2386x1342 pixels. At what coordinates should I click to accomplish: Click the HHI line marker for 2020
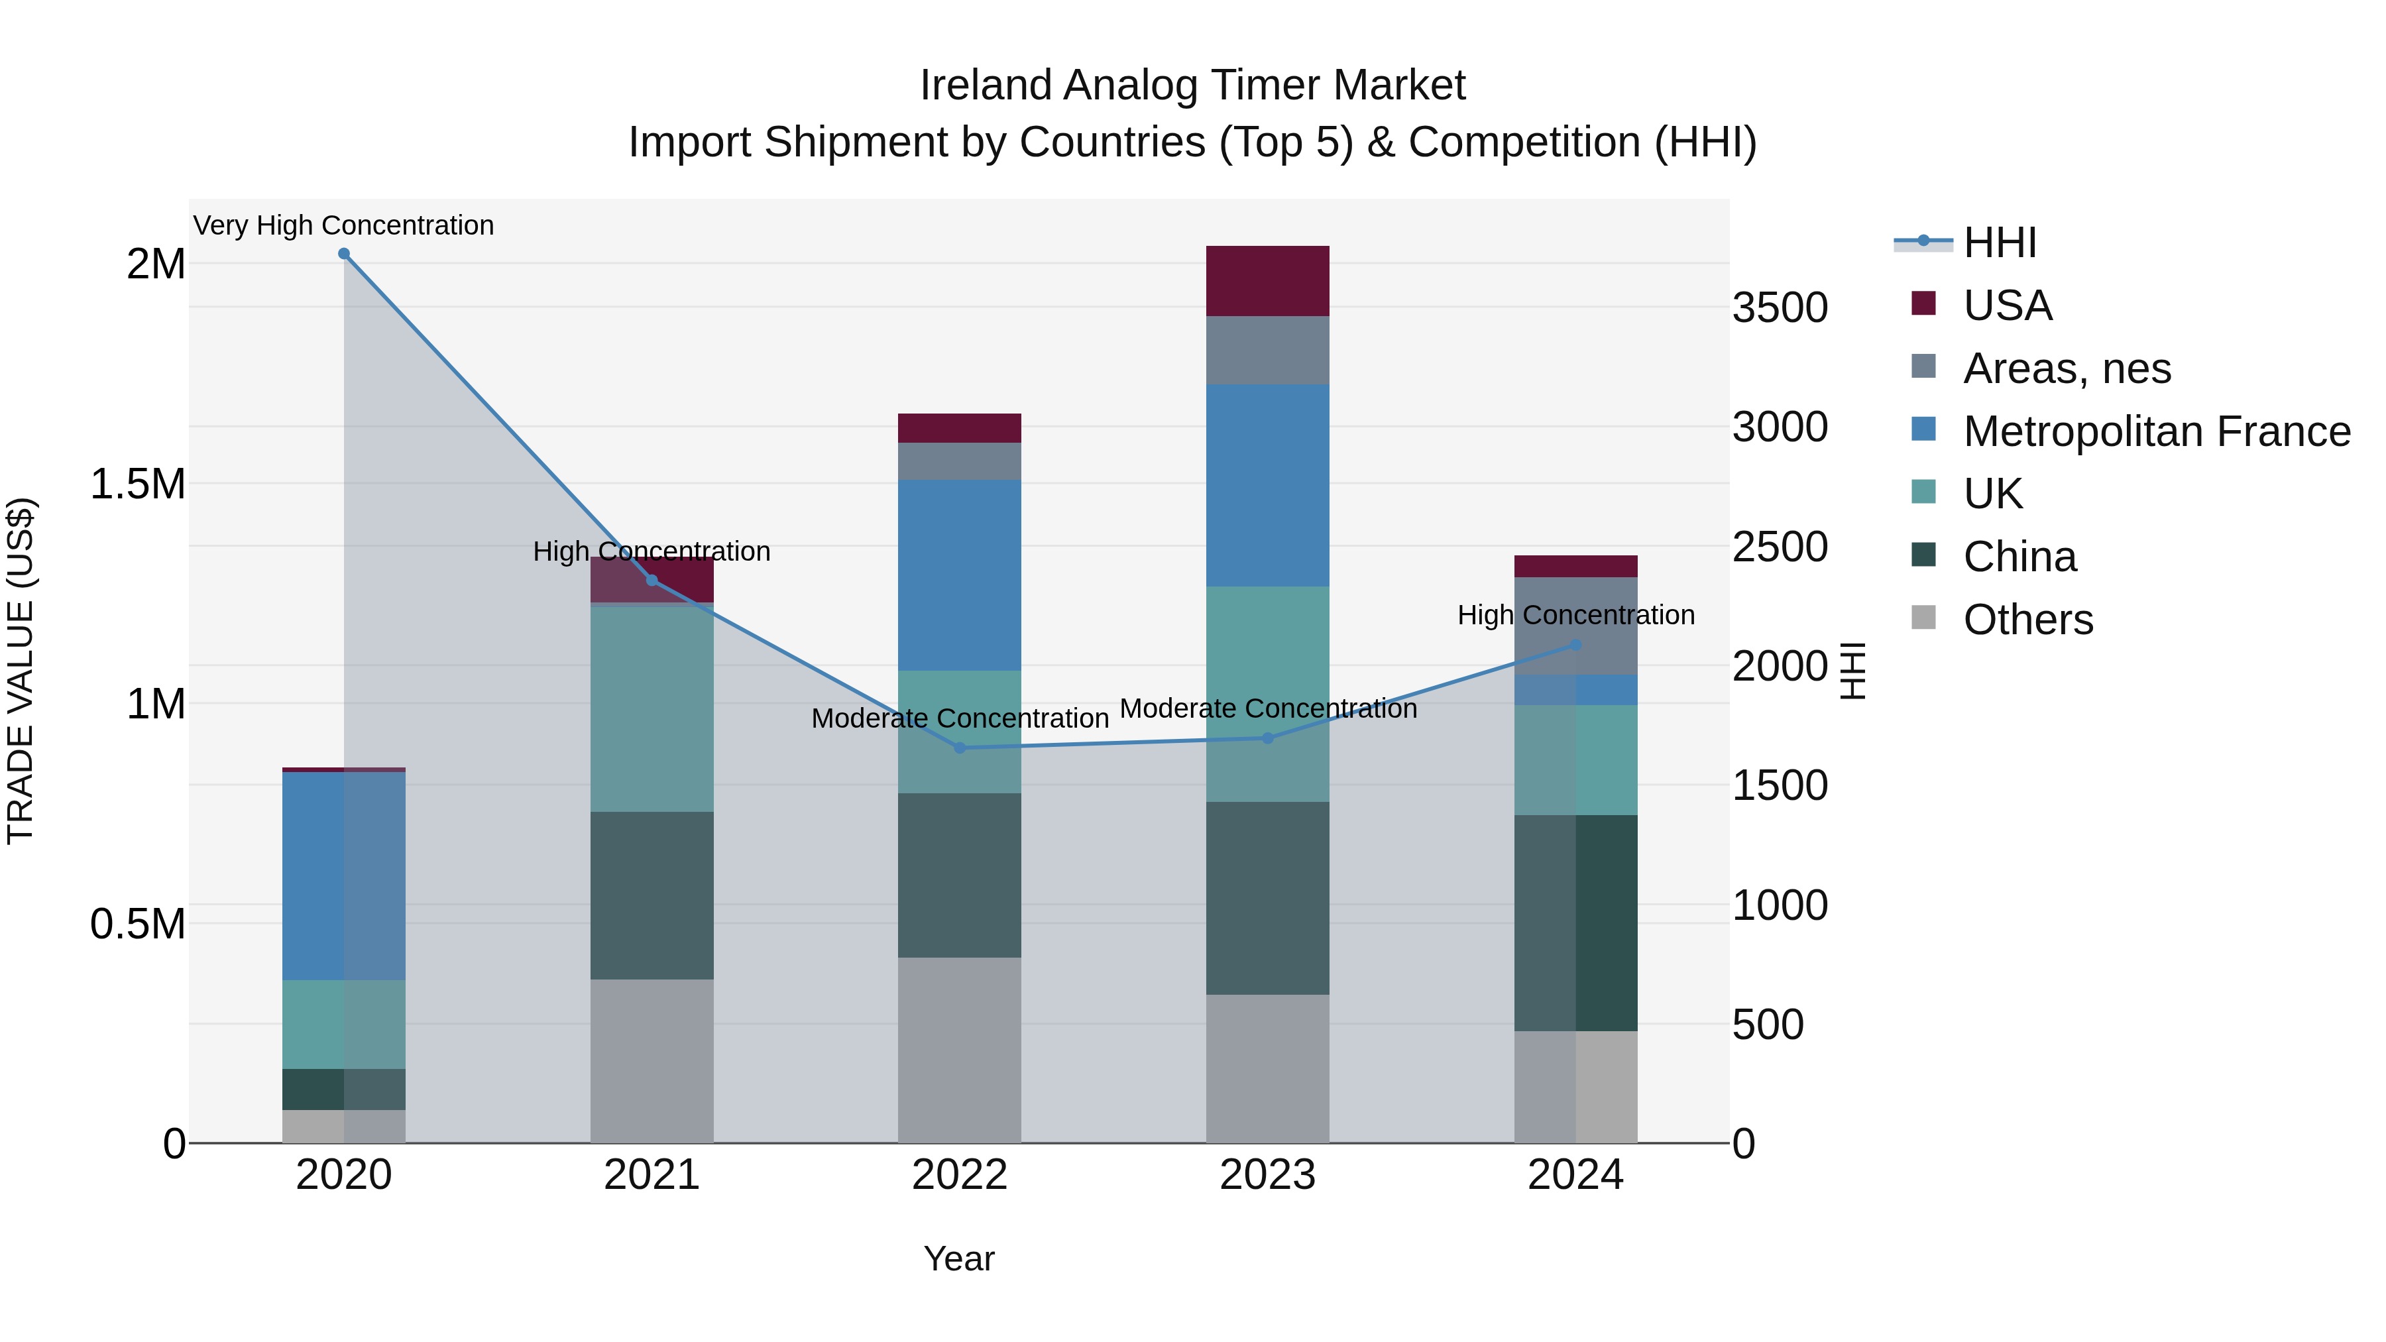pos(343,254)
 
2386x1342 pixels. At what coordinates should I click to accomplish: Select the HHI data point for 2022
pos(960,748)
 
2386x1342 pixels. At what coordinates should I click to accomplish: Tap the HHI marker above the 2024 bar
pos(1575,645)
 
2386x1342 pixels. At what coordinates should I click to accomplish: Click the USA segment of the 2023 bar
pos(1267,280)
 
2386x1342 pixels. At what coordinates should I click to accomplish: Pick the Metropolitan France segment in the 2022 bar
pos(960,574)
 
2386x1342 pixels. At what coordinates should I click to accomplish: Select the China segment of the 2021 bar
pos(652,895)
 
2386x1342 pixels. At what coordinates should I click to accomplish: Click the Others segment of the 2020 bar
pos(343,1125)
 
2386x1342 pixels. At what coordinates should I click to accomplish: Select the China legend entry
pos(2019,557)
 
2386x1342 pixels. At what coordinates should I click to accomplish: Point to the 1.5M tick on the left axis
pos(137,484)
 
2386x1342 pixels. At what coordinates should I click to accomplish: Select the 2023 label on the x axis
pos(1267,1175)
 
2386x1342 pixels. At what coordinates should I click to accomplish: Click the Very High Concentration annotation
pos(343,225)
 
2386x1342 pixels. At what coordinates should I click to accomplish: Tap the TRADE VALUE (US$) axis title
pos(21,671)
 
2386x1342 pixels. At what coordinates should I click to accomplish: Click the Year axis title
pos(958,1258)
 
